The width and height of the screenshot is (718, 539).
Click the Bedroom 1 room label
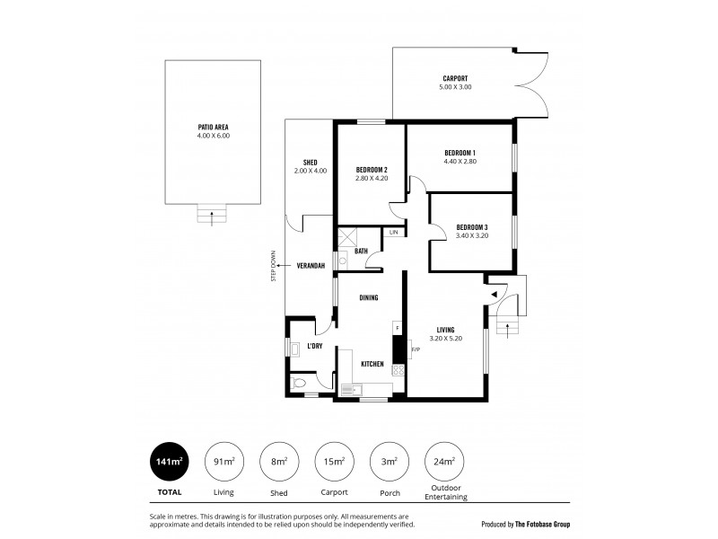(460, 153)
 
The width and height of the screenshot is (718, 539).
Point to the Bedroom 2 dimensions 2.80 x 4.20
(372, 179)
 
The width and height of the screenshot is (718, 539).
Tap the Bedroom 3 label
(472, 226)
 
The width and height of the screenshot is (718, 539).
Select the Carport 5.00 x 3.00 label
(456, 87)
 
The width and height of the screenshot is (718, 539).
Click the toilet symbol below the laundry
(300, 384)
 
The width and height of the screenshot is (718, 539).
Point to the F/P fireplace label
(416, 349)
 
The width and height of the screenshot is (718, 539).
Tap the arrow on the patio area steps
(212, 214)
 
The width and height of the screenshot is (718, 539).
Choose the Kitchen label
(372, 364)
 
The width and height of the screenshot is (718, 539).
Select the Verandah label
(311, 266)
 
